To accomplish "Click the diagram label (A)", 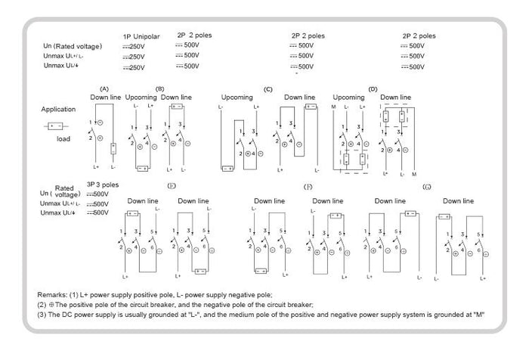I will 105,88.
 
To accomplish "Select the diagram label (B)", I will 160,88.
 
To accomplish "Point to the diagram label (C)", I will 268,89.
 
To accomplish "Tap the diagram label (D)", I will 373,89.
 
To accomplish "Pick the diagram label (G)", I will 428,186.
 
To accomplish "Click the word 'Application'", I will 58,110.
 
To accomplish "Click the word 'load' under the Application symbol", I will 63,138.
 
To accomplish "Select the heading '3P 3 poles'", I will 103,185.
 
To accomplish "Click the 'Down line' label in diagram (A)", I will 106,98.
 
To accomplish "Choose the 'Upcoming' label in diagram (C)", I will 237,98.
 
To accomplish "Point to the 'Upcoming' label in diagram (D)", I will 348,98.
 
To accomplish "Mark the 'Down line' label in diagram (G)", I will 458,201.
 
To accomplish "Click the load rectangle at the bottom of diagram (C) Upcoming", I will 227,169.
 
